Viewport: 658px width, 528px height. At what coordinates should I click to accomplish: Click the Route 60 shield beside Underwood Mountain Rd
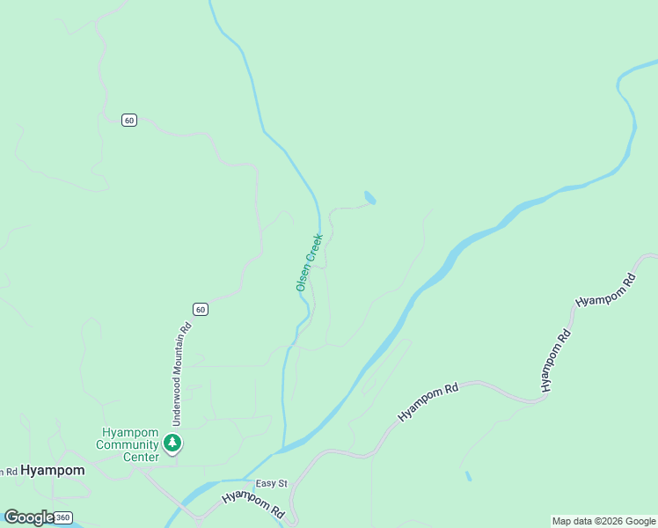coord(201,309)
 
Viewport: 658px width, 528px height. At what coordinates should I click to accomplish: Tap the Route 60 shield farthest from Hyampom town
coord(129,120)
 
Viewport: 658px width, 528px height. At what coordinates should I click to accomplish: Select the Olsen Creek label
coord(309,262)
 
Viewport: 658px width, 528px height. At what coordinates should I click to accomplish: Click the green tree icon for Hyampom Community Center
coord(173,443)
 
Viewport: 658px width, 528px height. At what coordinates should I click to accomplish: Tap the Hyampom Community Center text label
coord(128,444)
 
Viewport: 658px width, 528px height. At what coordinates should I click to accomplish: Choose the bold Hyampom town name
coord(53,470)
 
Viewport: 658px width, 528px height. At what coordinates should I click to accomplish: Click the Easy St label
coord(272,484)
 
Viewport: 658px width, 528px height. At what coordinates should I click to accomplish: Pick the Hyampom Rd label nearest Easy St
coord(254,503)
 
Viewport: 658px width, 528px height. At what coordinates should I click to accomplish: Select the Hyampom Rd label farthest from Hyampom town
coord(606,290)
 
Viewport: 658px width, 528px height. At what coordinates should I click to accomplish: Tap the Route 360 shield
coord(62,517)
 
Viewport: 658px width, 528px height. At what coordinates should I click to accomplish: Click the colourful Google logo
coord(28,517)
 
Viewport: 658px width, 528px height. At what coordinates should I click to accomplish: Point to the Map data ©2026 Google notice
coord(603,521)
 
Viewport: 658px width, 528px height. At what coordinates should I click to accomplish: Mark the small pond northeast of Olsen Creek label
coord(369,198)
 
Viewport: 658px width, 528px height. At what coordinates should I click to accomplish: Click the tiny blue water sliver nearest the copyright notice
coord(468,476)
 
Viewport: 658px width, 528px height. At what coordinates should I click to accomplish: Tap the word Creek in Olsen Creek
coord(314,248)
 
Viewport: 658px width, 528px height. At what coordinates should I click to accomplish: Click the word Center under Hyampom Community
coord(141,457)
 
